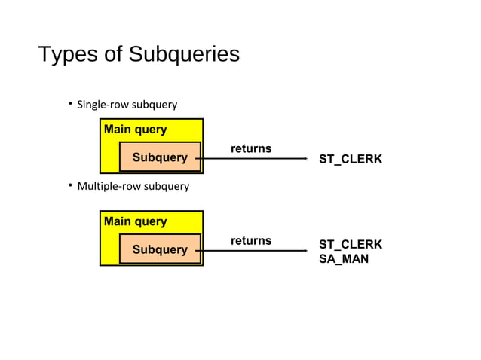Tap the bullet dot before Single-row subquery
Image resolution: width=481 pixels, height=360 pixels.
69,103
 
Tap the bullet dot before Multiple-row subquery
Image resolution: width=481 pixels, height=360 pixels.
69,185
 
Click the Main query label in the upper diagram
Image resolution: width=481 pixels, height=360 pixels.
136,130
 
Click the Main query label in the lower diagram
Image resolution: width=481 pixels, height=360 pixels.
136,221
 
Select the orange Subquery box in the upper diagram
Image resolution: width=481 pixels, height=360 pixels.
160,157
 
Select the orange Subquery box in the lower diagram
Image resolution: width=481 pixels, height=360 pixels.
160,249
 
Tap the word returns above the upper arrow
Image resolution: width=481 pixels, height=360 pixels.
251,149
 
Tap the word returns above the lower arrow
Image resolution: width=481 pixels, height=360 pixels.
251,241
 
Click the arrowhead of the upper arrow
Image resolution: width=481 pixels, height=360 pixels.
305,159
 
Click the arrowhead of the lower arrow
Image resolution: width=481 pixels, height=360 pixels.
305,251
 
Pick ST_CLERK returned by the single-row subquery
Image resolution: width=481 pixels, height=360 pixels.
351,160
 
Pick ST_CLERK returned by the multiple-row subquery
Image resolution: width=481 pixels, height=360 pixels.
351,245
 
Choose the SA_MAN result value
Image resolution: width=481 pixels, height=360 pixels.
344,259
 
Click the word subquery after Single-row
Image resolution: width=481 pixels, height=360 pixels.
155,105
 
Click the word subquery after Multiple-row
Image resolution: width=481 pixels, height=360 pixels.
167,186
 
